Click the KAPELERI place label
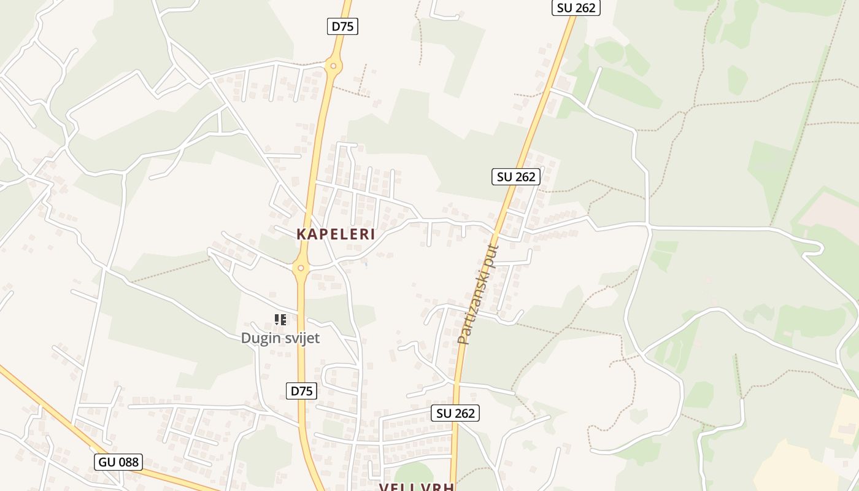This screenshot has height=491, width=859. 336,234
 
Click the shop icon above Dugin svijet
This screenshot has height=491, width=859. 280,319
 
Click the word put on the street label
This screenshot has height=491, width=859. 492,255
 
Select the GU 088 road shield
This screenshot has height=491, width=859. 118,462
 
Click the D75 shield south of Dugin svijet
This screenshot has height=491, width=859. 301,391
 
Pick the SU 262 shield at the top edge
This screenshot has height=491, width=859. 576,7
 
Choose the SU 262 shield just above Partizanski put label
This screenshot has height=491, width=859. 516,177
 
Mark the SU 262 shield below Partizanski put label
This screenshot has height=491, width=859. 455,413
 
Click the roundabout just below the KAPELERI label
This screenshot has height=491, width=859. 301,268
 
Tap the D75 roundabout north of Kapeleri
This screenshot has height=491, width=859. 333,65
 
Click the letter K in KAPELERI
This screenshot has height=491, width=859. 301,234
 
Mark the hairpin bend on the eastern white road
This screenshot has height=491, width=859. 819,247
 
